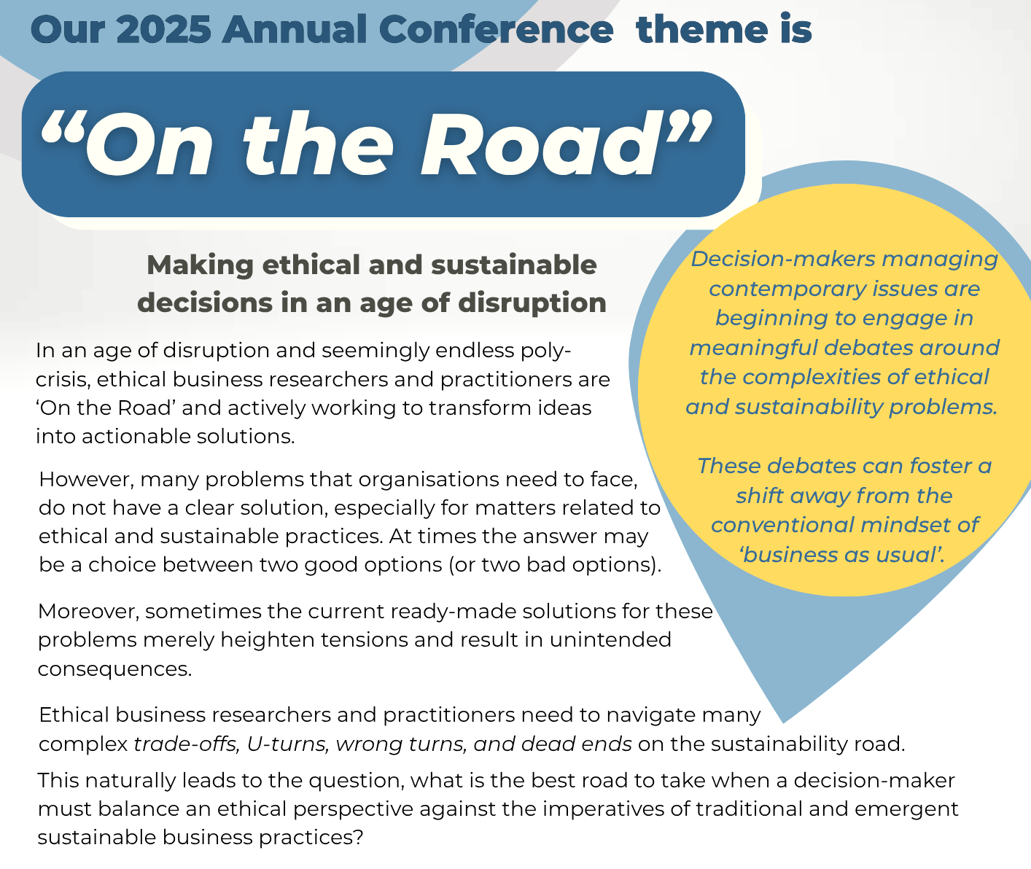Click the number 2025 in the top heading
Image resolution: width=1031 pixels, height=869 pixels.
(x=163, y=30)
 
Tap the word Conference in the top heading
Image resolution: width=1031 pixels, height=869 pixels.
(x=496, y=30)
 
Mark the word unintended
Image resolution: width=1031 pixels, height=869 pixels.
(x=610, y=640)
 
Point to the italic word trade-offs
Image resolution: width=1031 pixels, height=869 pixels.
(x=187, y=744)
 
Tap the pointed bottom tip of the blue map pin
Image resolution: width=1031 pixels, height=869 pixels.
(x=784, y=723)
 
